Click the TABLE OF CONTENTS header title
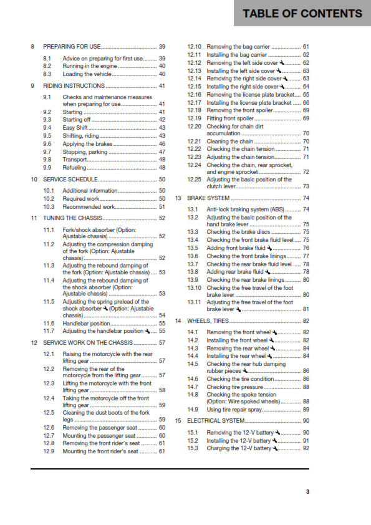click(302, 13)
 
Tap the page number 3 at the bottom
click(307, 492)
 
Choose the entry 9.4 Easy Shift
click(77, 127)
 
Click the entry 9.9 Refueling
click(75, 167)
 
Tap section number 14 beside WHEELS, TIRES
click(178, 320)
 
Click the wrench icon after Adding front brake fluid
click(268, 248)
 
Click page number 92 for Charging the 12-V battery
click(306, 448)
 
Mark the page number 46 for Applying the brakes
click(161, 143)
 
